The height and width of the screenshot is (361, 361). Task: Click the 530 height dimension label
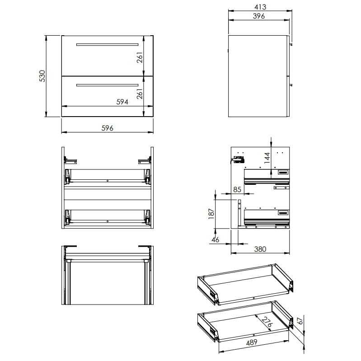click(42, 76)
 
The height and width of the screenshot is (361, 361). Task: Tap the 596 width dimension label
click(107, 128)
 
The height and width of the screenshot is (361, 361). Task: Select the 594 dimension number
click(122, 102)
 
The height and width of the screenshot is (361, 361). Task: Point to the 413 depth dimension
click(260, 7)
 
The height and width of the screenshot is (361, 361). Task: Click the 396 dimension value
click(259, 16)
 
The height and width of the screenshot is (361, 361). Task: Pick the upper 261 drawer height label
click(140, 57)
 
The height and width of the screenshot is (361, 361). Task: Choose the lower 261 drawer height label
click(140, 94)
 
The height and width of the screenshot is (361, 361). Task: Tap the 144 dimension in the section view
click(267, 158)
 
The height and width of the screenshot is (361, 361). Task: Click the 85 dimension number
click(237, 189)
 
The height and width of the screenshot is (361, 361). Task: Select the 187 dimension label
click(211, 214)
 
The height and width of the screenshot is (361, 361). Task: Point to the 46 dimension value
click(215, 239)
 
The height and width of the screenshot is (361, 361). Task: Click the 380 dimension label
click(260, 249)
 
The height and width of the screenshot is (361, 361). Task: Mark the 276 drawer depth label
click(267, 322)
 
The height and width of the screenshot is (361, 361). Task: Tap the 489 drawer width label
click(252, 342)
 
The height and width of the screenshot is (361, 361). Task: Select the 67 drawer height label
click(300, 321)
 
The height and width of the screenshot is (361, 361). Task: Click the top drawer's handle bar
click(107, 44)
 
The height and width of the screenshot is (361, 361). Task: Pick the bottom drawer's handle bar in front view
click(107, 85)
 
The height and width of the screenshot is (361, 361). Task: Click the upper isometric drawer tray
click(245, 285)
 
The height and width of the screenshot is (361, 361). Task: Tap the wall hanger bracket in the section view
click(238, 159)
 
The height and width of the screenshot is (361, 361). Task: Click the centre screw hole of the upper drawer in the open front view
click(108, 181)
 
